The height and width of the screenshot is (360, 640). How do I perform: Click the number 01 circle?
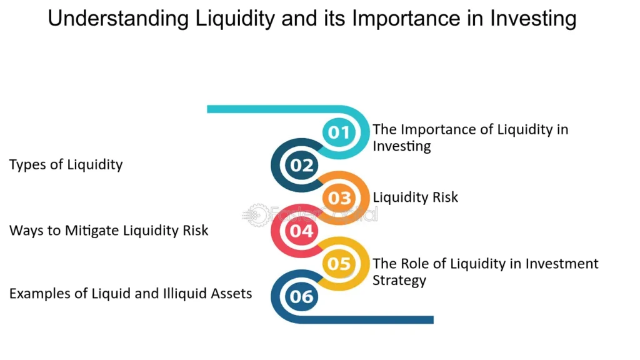tap(339, 132)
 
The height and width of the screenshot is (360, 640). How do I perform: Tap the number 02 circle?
tap(301, 166)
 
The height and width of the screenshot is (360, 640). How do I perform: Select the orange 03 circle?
tap(339, 198)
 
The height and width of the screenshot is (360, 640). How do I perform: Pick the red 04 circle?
tap(301, 231)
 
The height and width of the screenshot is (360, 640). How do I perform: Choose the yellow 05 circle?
tap(339, 264)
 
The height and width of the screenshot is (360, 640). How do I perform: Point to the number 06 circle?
tap(301, 296)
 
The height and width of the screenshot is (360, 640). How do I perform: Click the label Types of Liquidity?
tap(66, 165)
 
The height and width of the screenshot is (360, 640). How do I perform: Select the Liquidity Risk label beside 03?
tap(415, 197)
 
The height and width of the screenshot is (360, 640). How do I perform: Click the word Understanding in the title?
tap(119, 19)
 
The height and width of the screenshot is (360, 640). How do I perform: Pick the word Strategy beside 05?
tap(399, 279)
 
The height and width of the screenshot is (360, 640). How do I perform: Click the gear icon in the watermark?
tap(254, 215)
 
